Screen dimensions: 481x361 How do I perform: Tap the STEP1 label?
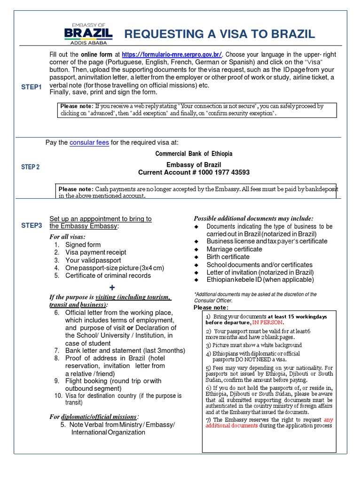coord(31,87)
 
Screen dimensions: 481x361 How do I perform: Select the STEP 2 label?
coord(31,167)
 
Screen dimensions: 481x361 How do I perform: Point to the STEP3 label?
coord(31,225)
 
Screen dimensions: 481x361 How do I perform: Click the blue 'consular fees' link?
coord(89,142)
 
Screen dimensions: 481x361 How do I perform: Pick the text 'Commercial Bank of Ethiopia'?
coord(194,154)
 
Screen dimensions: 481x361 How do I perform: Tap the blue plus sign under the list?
coord(111,287)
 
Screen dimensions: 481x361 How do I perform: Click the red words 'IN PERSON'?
coord(267,323)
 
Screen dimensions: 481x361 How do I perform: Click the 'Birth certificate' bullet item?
coord(228,257)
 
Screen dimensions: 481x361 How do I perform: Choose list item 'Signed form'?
coord(83,245)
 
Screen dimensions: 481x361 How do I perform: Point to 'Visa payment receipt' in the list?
coord(96,253)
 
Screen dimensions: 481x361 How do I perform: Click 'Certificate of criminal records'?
coord(108,276)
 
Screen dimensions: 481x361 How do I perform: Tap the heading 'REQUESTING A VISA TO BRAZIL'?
coord(219,34)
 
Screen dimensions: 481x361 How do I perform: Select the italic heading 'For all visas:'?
coord(68,237)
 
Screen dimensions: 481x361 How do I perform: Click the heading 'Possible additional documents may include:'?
coord(253,218)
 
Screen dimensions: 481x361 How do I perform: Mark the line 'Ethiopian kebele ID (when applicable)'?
coord(260,280)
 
